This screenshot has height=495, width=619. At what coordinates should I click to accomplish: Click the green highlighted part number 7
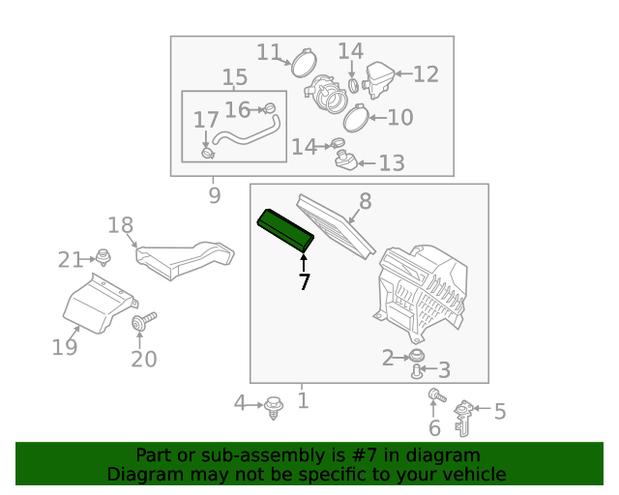point(285,230)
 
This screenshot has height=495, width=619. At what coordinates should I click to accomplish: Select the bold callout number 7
point(304,282)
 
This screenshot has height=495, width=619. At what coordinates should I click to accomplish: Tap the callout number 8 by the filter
point(366,201)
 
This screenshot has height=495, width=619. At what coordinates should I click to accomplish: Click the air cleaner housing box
point(421,293)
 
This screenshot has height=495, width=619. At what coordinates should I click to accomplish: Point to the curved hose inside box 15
point(247,132)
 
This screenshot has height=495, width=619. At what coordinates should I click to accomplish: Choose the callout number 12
point(426,74)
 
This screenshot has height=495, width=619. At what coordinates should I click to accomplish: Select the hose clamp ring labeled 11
point(304,63)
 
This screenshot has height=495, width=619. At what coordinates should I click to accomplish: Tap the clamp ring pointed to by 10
point(357,118)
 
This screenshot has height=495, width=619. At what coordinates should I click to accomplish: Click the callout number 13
point(392,163)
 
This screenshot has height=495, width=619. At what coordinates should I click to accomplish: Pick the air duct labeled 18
point(185,259)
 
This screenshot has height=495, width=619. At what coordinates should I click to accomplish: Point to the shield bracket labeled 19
point(99,303)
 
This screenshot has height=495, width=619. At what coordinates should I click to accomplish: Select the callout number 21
point(71,260)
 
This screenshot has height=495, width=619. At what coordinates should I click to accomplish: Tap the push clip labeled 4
point(273,408)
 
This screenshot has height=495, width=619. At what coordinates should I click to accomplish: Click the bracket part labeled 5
point(464,418)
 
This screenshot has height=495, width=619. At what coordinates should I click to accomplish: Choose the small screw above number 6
point(437,395)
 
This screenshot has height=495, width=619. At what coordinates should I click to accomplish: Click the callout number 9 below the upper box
point(215,195)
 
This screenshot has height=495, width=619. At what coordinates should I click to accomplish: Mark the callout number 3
point(444,370)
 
